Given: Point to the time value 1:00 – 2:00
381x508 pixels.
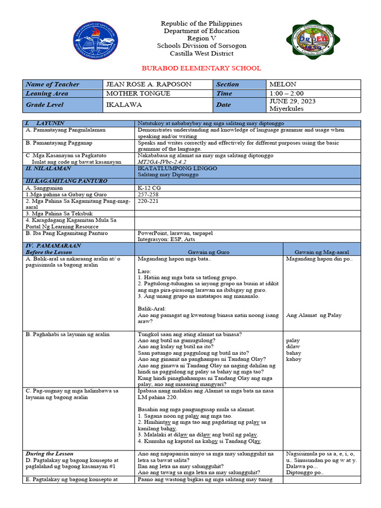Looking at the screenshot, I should tap(286, 93).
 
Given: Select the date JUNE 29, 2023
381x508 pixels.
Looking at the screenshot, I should tap(292, 101).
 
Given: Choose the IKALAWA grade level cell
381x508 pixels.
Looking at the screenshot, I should tap(124, 105).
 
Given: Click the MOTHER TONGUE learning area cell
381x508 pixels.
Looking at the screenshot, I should tap(138, 93).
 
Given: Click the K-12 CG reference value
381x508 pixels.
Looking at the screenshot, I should tap(149, 188).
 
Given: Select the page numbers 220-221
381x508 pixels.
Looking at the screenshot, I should tap(148, 202).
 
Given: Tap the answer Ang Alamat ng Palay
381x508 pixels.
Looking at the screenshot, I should tap(314, 315).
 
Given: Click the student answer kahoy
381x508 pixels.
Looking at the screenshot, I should tap(294, 359).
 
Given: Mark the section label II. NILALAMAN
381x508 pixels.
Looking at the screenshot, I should tap(45, 168).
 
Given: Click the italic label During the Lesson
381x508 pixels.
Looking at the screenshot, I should tap(49, 453).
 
